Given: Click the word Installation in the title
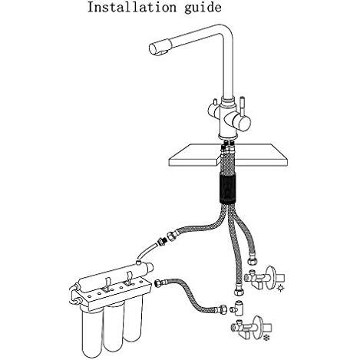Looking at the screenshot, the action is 132,7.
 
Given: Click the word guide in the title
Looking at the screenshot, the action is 203,8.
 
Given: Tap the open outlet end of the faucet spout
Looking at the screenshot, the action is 154,49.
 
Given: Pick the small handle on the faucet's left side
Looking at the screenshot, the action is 213,109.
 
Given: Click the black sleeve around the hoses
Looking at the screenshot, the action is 228,187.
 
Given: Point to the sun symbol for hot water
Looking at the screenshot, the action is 281,289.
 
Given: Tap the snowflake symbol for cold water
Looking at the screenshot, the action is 266,338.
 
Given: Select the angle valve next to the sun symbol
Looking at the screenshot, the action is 264,278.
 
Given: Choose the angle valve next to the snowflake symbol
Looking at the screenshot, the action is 251,327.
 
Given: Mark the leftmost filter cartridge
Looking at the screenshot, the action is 91,330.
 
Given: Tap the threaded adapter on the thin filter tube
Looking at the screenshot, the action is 161,241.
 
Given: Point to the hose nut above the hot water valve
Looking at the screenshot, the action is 253,262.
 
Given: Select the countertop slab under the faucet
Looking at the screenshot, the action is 228,155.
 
